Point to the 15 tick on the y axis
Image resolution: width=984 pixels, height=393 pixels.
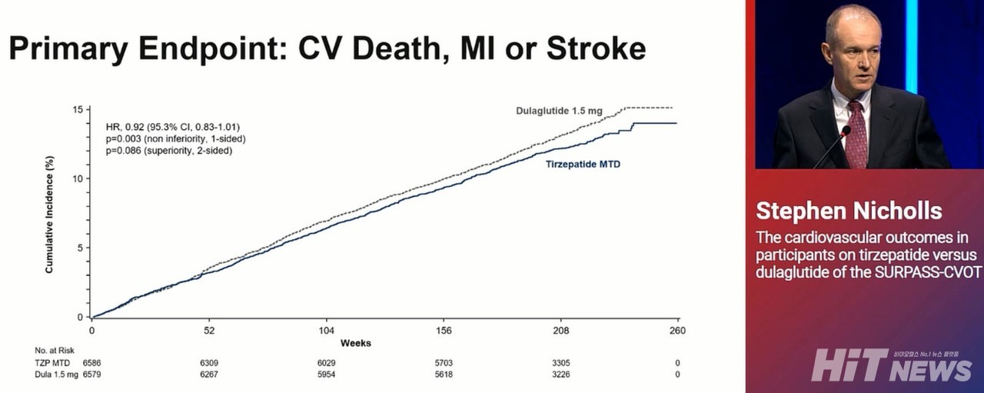(x=78, y=108)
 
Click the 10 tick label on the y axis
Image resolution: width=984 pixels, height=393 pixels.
(x=78, y=178)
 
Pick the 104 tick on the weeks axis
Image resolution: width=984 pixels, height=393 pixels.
(x=326, y=330)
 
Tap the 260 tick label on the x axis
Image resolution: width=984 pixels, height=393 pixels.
(x=677, y=330)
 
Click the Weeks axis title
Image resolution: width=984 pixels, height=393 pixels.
(x=355, y=343)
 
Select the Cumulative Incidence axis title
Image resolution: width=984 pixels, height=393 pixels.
(x=49, y=212)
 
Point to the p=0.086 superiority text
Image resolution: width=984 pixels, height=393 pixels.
(x=169, y=151)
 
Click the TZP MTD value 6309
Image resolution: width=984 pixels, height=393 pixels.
(x=209, y=361)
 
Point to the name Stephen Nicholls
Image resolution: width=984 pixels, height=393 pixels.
(x=849, y=211)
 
